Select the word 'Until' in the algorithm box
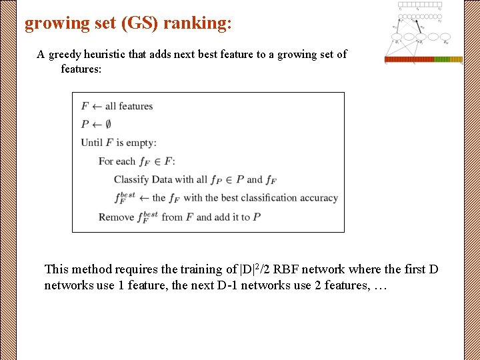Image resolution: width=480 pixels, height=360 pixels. click(92, 142)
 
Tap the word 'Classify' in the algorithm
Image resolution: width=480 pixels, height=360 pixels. click(131, 179)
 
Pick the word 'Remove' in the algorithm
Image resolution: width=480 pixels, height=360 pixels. click(115, 217)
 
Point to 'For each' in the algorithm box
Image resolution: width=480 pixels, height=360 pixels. click(117, 161)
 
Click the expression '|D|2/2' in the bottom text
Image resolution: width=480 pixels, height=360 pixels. click(257, 269)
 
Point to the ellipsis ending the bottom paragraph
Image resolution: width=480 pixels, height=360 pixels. click(380, 285)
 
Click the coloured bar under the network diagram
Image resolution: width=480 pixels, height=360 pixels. click(423, 59)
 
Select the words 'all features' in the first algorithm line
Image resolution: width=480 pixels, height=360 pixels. click(129, 106)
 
